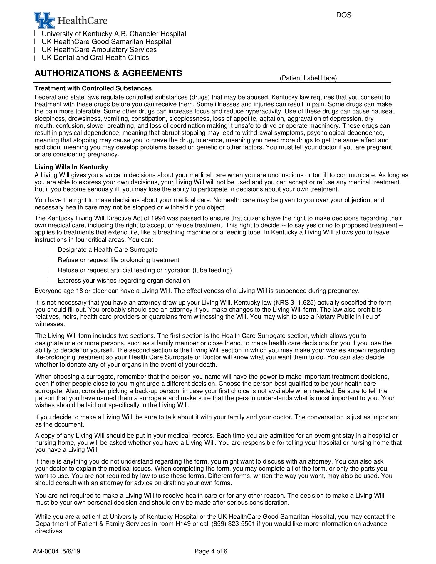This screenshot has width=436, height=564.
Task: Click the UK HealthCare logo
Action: coord(71,20)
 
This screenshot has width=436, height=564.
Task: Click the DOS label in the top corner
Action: coord(344,15)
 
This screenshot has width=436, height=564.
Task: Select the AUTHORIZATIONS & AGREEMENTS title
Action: coord(108,73)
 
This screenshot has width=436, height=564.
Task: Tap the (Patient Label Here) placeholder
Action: coord(308,78)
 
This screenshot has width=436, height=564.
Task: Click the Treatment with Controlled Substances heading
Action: coord(93,88)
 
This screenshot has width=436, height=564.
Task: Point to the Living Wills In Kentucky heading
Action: coord(71,167)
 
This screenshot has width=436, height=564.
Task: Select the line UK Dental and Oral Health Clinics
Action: coord(95,58)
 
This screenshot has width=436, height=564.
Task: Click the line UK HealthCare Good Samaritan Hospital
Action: coord(106,42)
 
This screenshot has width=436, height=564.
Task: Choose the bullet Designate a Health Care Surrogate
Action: coord(108,250)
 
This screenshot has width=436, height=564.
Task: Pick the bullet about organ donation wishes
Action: coord(124,281)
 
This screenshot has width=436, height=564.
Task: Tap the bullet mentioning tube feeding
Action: coord(145,270)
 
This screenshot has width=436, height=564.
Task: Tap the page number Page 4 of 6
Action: coord(211,551)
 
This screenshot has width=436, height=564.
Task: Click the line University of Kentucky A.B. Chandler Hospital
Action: coord(114,34)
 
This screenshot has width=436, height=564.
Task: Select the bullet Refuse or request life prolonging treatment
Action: coord(118,260)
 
